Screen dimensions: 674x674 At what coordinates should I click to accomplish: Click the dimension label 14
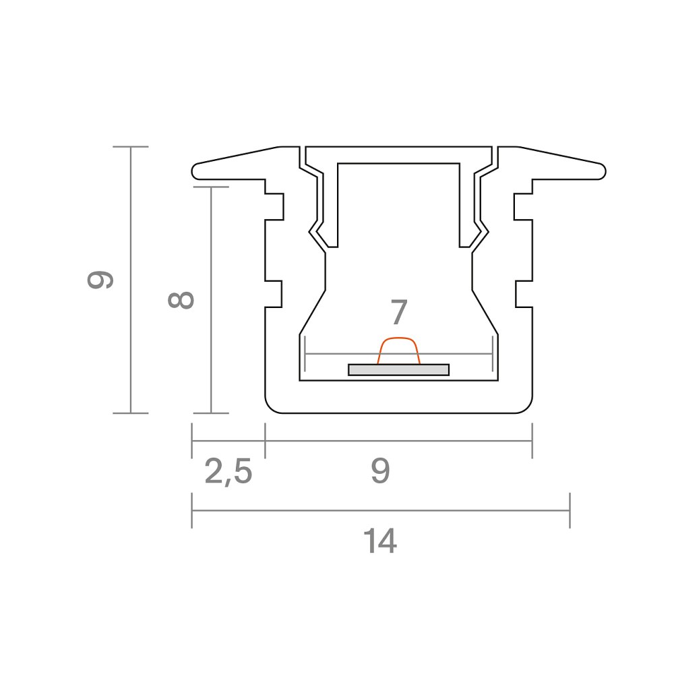[x=380, y=542]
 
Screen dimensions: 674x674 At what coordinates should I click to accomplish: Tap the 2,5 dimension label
[x=228, y=472]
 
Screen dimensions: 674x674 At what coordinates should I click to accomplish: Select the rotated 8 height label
[x=181, y=300]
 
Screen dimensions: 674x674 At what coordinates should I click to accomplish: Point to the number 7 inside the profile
[x=398, y=313]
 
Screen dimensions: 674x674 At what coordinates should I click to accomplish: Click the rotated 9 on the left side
[x=100, y=280]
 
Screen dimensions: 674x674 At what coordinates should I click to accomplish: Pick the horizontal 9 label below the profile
[x=380, y=471]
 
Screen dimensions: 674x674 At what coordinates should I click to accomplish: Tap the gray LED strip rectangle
[x=398, y=369]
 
